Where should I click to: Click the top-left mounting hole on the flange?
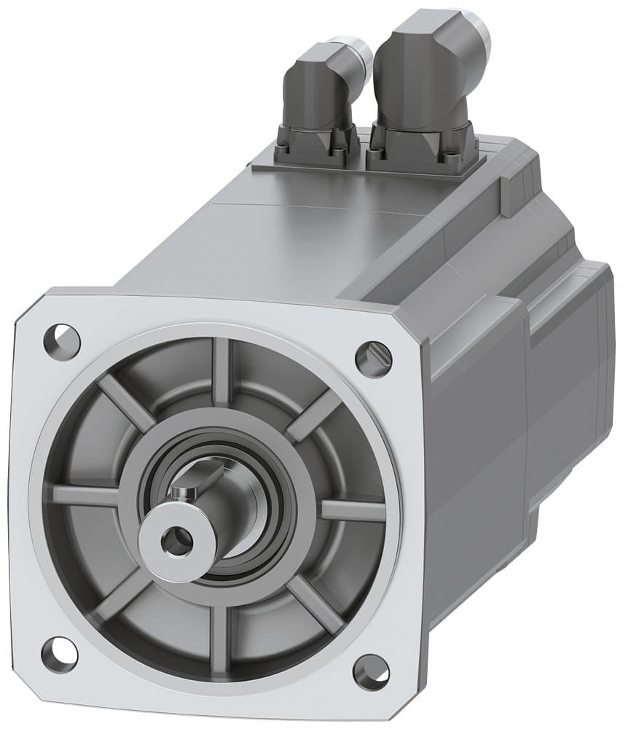coord(62,341)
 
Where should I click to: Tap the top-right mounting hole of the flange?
coord(373,357)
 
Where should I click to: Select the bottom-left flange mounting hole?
coord(59,653)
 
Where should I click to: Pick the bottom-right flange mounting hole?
coord(371,671)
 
